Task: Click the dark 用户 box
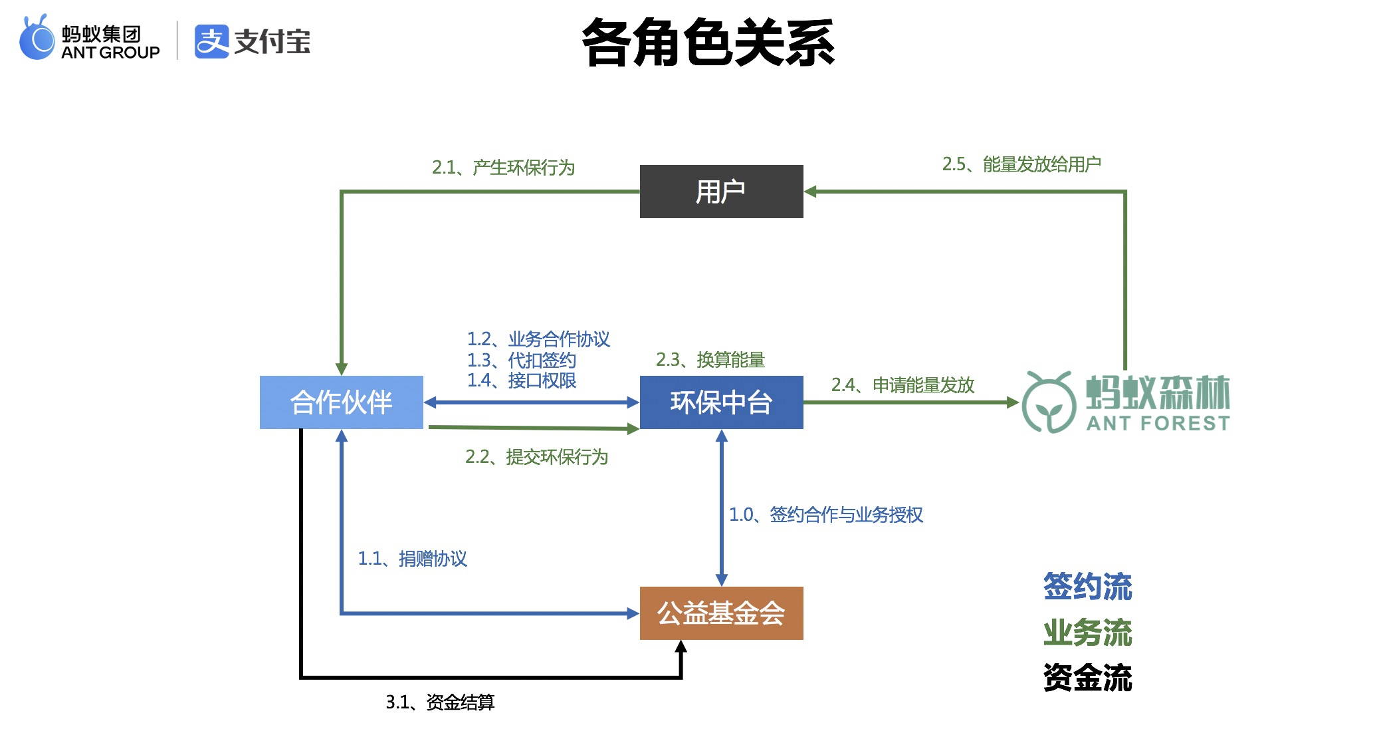coord(721,192)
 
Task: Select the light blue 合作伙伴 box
coord(341,402)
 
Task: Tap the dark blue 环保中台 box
coord(721,402)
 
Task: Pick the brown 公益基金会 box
coord(721,613)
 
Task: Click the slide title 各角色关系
coord(708,43)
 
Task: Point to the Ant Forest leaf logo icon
coord(1048,402)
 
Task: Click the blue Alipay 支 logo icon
coord(211,41)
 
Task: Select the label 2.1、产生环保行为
coord(503,168)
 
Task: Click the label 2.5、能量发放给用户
coord(1021,164)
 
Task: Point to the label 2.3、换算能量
coord(710,360)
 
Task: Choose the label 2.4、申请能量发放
coord(902,385)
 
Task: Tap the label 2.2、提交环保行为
coord(536,457)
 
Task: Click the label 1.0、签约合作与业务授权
coord(826,515)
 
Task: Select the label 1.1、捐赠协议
coord(413,559)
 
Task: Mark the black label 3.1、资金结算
coord(440,702)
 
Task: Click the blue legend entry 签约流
coord(1087,587)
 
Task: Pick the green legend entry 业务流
coord(1087,633)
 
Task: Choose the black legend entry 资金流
coord(1087,678)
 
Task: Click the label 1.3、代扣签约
coord(522,361)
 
